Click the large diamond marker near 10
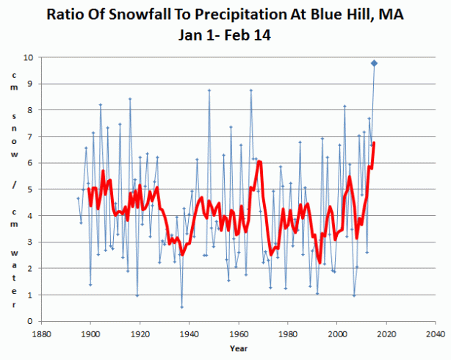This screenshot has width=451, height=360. coord(374,63)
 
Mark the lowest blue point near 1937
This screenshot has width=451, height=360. coord(181,307)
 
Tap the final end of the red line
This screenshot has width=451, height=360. coord(374,143)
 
